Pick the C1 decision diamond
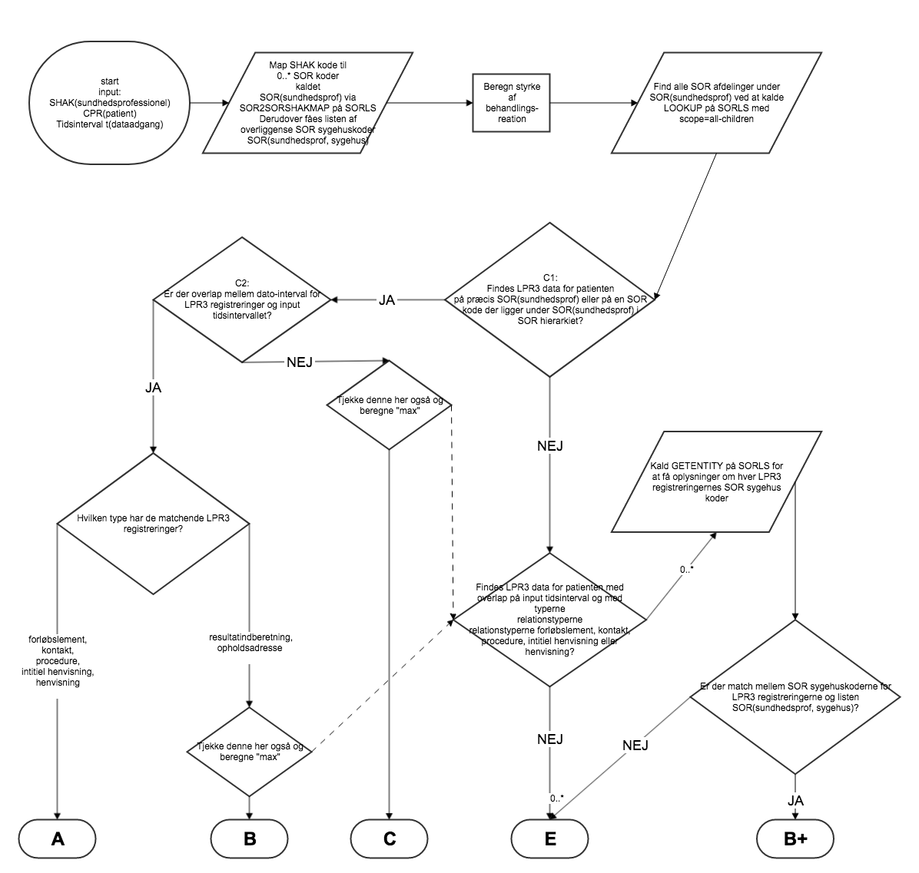549,299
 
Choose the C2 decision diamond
243,299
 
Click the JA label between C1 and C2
387,300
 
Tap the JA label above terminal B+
795,800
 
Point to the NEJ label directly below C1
549,445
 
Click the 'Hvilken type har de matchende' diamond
154,524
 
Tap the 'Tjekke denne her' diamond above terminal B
249,751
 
